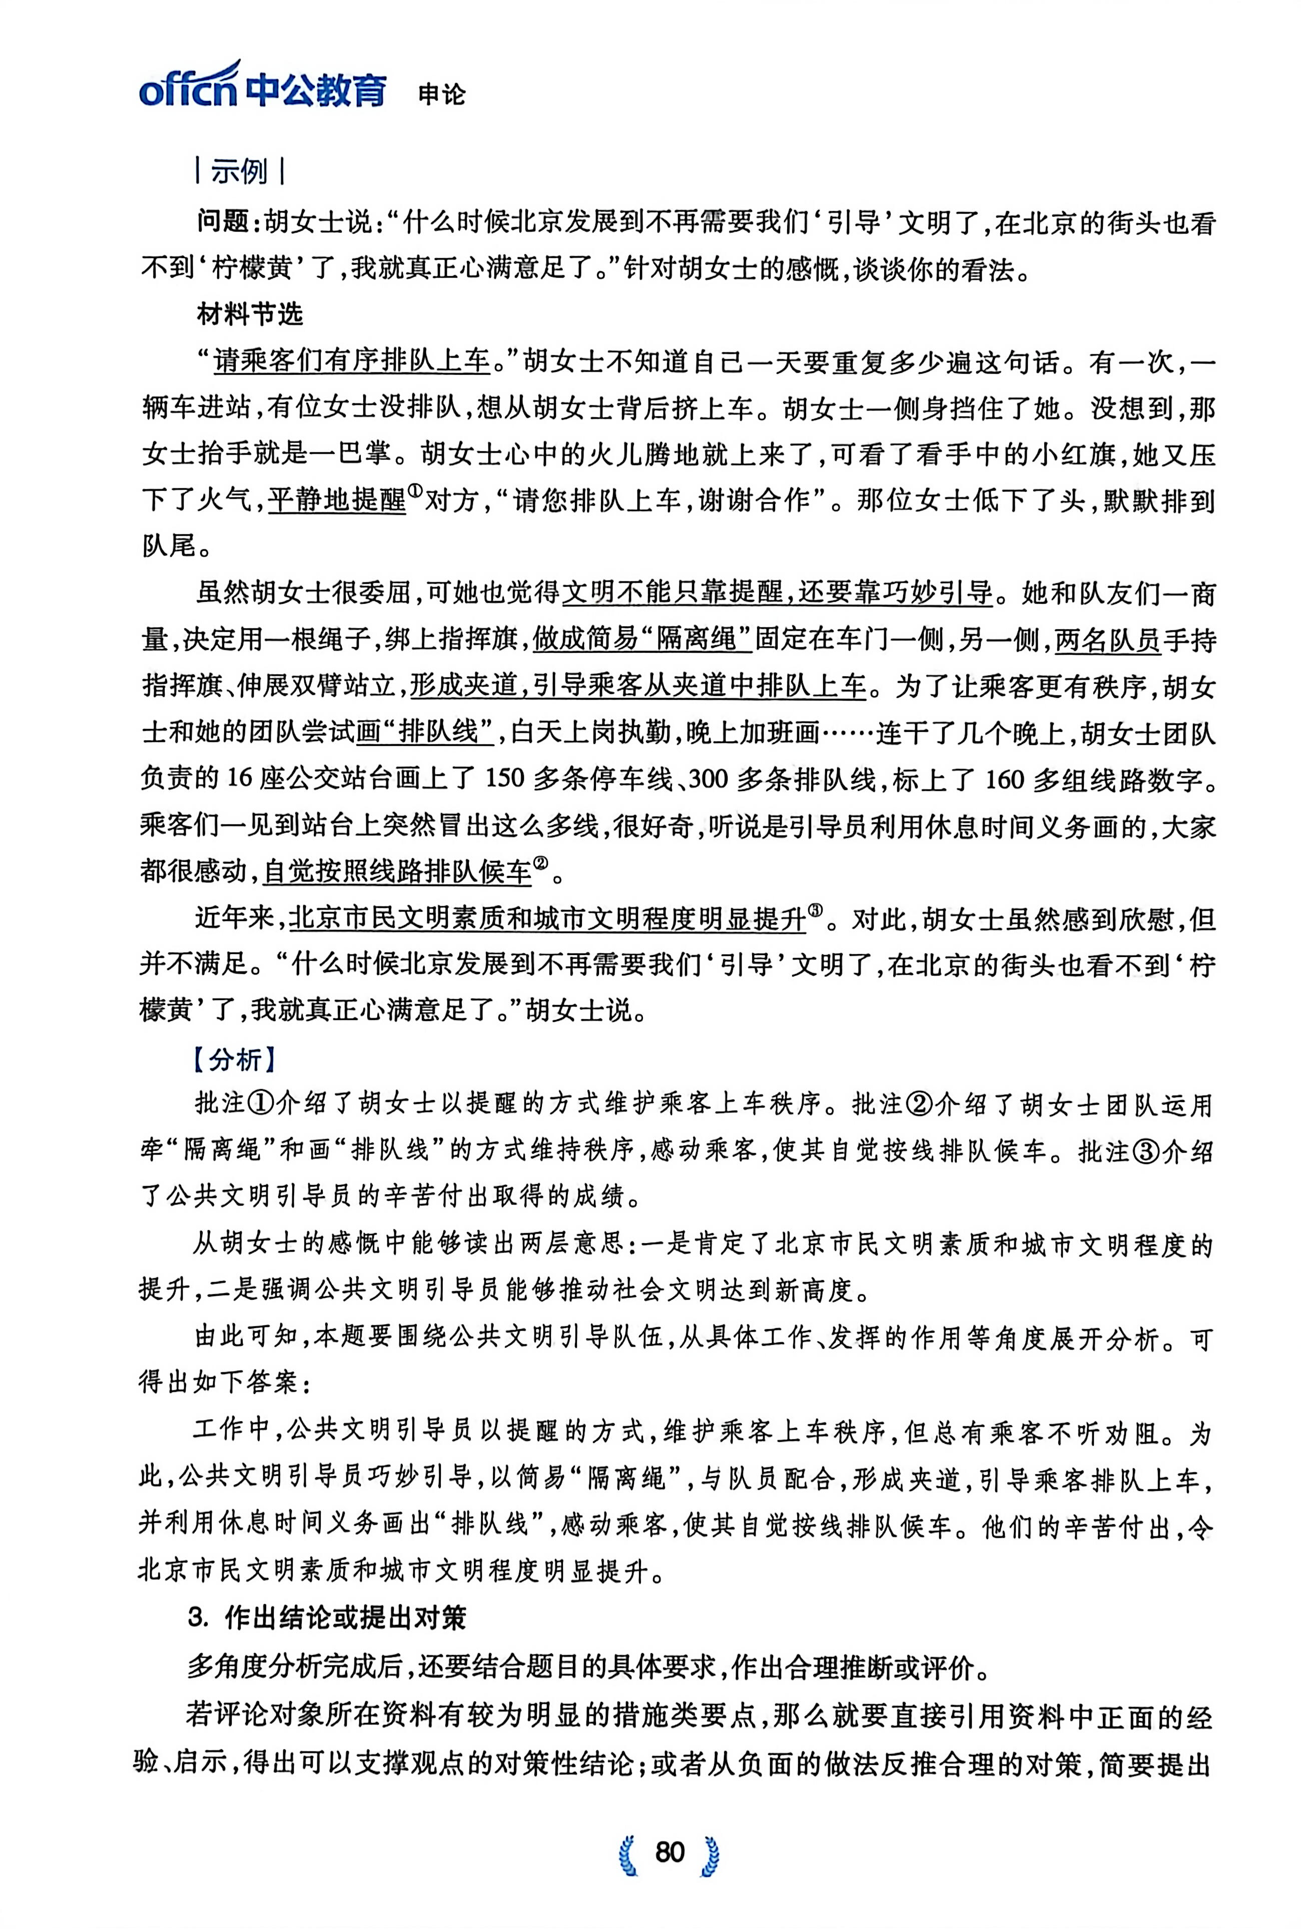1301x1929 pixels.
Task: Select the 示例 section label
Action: (x=240, y=172)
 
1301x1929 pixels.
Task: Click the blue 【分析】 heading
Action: (x=234, y=1059)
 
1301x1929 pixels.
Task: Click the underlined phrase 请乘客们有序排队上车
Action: (x=352, y=362)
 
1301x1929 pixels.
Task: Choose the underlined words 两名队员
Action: (x=1107, y=640)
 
